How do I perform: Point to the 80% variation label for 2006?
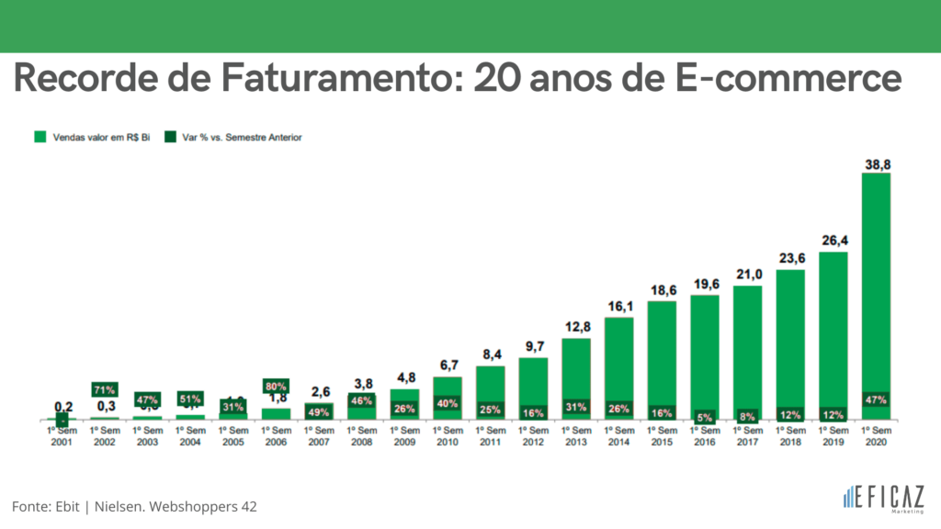277,388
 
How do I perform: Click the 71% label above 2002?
104,389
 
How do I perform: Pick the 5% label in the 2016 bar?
705,414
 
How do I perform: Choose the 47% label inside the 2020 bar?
876,400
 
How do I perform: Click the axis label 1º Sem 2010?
448,435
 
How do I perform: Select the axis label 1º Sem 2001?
62,435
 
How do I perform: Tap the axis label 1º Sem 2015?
662,435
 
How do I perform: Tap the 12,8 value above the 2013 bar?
576,327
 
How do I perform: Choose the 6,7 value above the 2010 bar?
448,366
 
